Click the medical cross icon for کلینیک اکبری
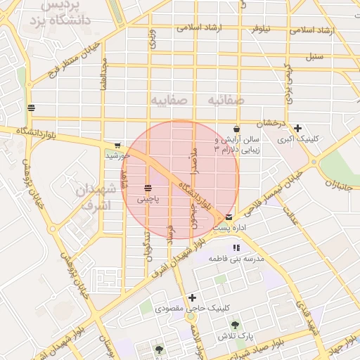pyautogui.click(x=298, y=128)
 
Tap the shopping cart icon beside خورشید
pyautogui.click(x=117, y=145)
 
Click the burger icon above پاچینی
pyautogui.click(x=148, y=188)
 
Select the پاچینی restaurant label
pyautogui.click(x=148, y=200)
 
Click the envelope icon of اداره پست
pyautogui.click(x=230, y=217)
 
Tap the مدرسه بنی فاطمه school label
pyautogui.click(x=237, y=259)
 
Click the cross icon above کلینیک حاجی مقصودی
pyautogui.click(x=191, y=297)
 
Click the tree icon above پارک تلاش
pyautogui.click(x=234, y=325)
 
